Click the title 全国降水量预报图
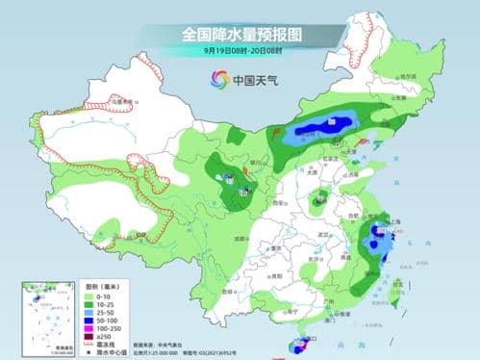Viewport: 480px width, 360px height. tap(240, 35)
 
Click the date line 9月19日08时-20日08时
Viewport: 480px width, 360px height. tap(240, 50)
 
